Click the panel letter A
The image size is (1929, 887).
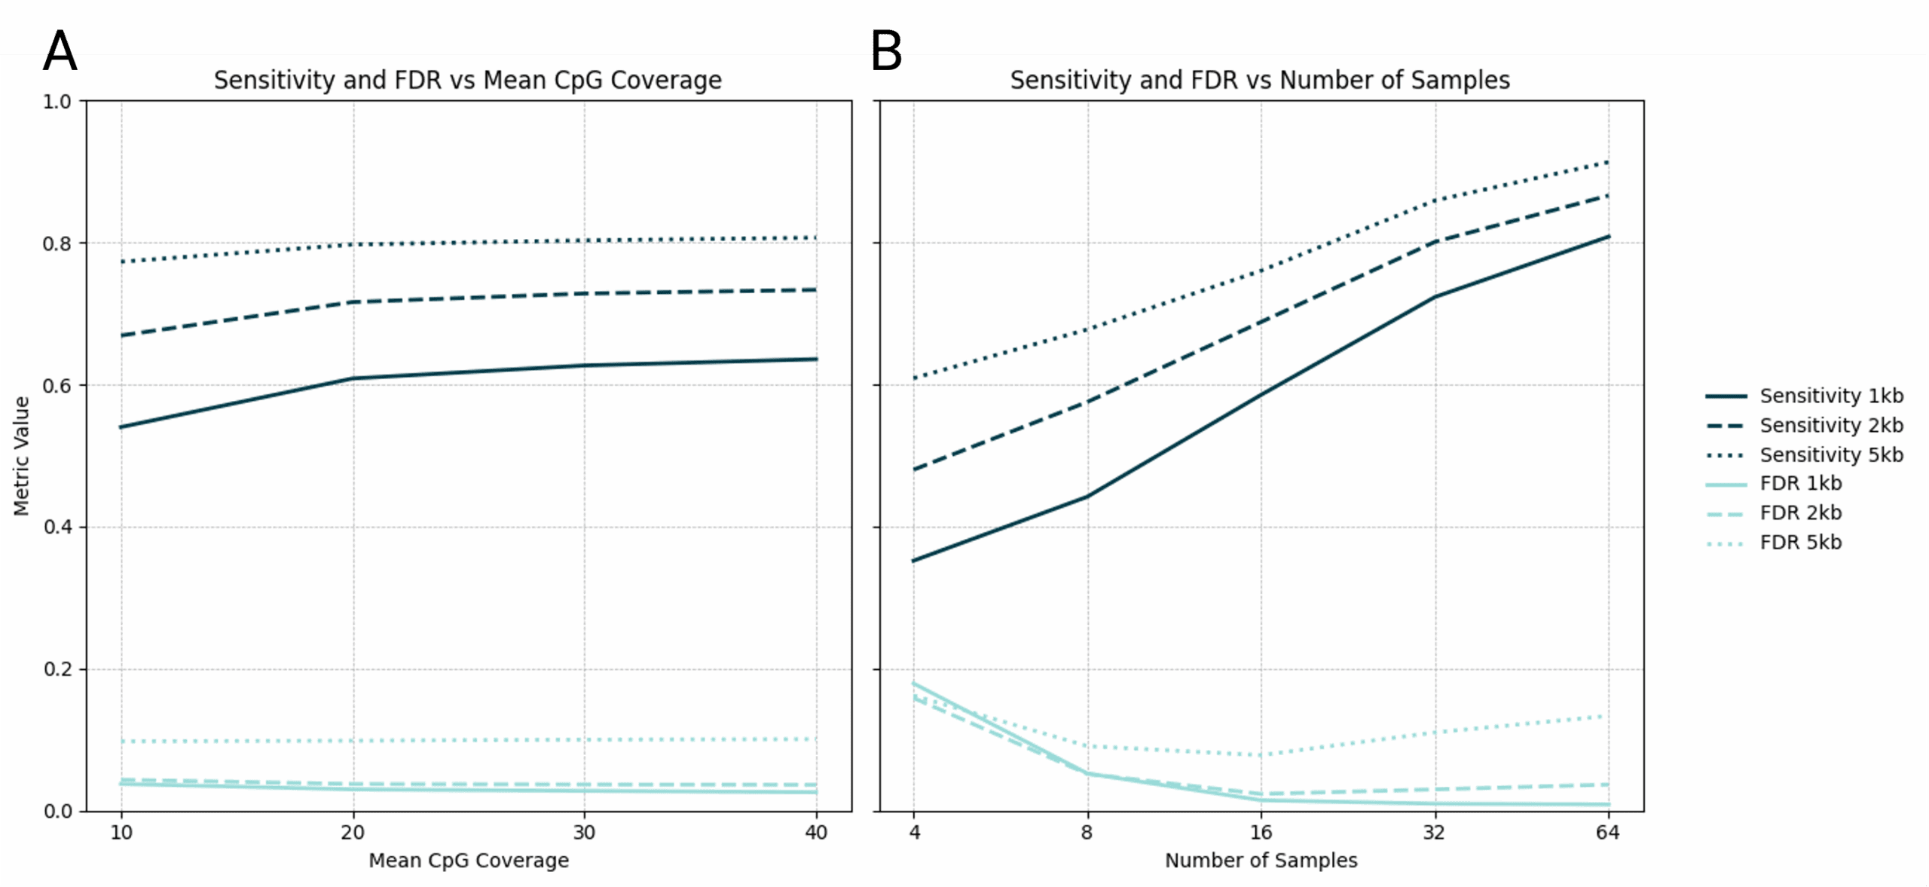click(60, 51)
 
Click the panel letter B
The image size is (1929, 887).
click(887, 51)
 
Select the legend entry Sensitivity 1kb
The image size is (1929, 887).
click(1830, 396)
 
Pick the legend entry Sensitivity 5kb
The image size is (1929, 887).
click(1830, 454)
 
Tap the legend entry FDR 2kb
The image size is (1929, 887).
click(1800, 513)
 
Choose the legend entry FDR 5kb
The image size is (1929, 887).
click(1800, 543)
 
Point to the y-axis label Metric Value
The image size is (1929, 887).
click(21, 456)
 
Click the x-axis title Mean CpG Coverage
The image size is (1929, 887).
click(469, 861)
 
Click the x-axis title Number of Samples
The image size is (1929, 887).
click(1261, 861)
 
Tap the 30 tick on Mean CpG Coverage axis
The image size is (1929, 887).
click(584, 833)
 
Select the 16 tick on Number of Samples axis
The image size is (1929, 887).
click(1261, 833)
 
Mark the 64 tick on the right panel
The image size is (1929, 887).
click(1607, 833)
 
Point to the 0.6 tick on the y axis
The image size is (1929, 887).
click(57, 386)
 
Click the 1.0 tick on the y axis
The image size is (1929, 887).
click(57, 102)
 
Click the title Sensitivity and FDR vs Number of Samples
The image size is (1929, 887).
click(1260, 80)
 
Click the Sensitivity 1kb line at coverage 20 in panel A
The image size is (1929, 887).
click(353, 378)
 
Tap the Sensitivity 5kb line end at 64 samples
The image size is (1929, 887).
click(1607, 163)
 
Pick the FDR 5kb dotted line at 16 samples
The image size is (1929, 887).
click(1261, 754)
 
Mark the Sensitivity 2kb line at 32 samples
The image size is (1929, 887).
click(1435, 242)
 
